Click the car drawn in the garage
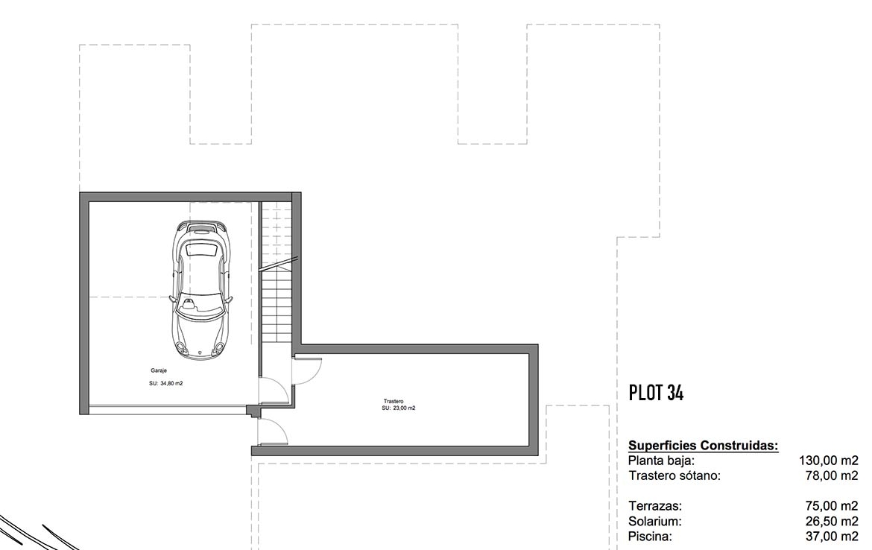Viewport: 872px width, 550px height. [200, 290]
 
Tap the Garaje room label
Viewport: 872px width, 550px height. [159, 370]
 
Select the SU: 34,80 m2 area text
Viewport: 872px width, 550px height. [165, 383]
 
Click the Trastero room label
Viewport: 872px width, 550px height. [394, 401]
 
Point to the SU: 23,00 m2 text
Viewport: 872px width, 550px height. [398, 408]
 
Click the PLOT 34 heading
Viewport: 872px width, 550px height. [656, 393]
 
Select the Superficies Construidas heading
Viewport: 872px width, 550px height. [703, 446]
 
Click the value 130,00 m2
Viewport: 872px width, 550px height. [829, 461]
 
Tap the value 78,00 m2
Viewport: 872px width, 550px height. [832, 475]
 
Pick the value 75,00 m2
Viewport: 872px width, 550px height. [832, 506]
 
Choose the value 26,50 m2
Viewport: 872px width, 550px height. [832, 522]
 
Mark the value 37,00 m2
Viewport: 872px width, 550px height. [832, 537]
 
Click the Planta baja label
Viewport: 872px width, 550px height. [661, 461]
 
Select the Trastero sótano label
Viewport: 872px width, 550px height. [674, 475]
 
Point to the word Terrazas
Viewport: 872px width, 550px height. [655, 506]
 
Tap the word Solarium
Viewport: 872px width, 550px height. [655, 522]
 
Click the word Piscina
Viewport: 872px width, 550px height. [650, 537]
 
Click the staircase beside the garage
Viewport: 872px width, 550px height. [277, 273]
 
